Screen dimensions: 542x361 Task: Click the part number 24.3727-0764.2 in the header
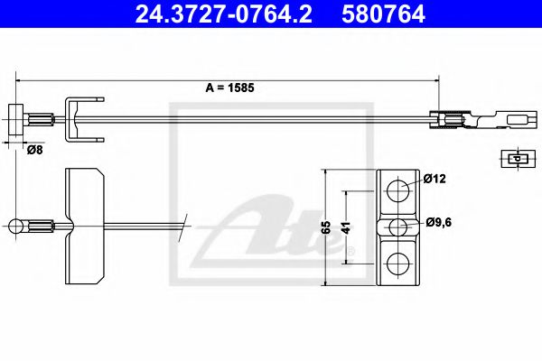coord(224,14)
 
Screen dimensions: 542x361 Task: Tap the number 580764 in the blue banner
coord(383,14)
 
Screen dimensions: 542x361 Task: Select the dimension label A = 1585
coord(229,88)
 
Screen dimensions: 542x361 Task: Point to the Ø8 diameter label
coord(34,150)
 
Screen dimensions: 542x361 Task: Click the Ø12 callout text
coord(435,179)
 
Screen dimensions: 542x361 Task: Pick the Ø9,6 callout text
coord(438,222)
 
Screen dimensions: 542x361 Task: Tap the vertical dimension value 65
coord(326,227)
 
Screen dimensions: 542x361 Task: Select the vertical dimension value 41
coord(346,228)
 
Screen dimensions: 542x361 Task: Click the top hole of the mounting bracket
coord(397,190)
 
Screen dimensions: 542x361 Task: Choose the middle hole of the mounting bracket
coord(397,227)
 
